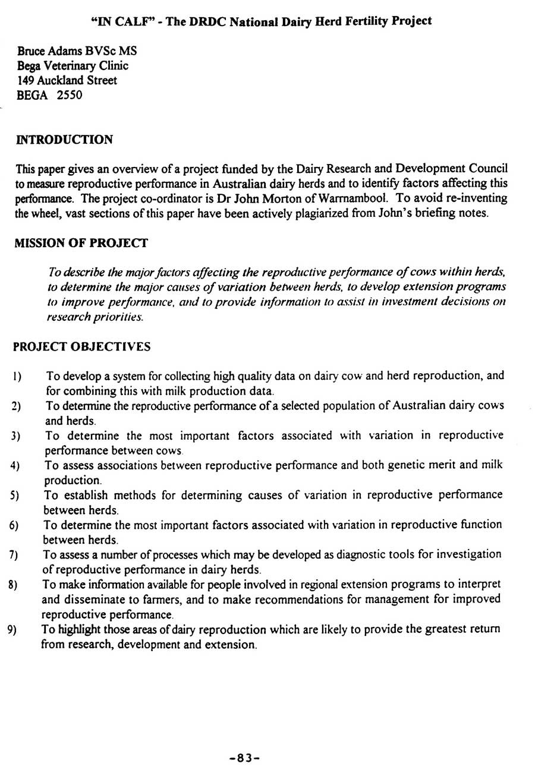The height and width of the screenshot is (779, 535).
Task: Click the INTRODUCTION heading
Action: click(64, 140)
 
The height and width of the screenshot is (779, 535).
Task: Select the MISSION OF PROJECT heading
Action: click(81, 243)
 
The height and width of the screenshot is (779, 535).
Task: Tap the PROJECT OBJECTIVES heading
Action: click(81, 346)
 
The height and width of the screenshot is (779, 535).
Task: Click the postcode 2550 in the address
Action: click(69, 95)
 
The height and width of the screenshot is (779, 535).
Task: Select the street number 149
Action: click(27, 80)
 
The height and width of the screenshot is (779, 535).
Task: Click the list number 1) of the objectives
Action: click(17, 377)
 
